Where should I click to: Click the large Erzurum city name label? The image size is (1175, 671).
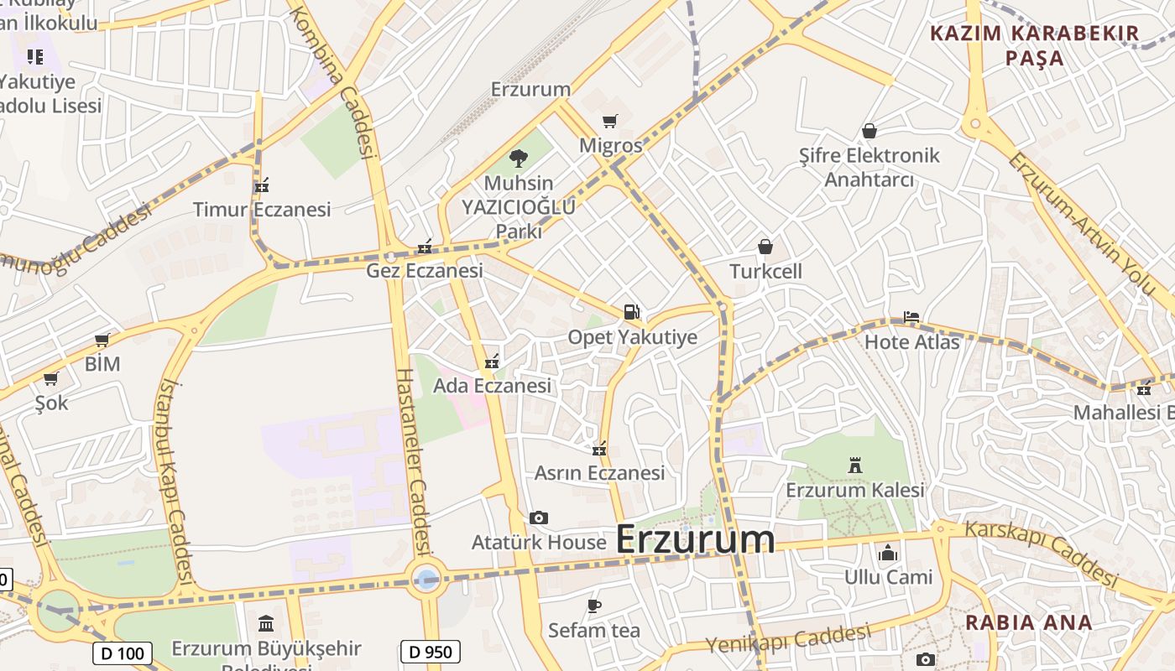pyautogui.click(x=695, y=539)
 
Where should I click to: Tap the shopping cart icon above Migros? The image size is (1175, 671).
pyautogui.click(x=610, y=122)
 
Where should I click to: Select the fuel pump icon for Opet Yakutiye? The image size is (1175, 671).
pyautogui.click(x=631, y=312)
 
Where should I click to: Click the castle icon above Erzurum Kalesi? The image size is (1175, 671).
pyautogui.click(x=855, y=465)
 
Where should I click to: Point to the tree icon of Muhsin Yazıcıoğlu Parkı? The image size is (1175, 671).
pyautogui.click(x=519, y=157)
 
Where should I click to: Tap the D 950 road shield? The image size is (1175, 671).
pyautogui.click(x=431, y=652)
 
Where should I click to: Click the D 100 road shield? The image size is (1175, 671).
pyautogui.click(x=122, y=653)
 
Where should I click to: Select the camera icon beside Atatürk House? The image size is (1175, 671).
pyautogui.click(x=539, y=518)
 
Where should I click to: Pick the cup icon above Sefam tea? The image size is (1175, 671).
pyautogui.click(x=594, y=606)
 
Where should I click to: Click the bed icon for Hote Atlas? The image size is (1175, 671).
pyautogui.click(x=911, y=318)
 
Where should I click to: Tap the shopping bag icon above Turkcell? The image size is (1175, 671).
pyautogui.click(x=765, y=247)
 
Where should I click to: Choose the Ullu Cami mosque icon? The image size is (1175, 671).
pyautogui.click(x=888, y=553)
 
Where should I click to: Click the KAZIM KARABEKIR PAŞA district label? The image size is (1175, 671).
pyautogui.click(x=1034, y=45)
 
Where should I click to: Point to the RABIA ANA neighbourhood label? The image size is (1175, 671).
pyautogui.click(x=1028, y=622)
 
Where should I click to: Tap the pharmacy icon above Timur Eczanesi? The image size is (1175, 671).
pyautogui.click(x=262, y=185)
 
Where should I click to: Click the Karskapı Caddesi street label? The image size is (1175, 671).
pyautogui.click(x=1041, y=553)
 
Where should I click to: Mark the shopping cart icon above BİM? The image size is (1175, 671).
pyautogui.click(x=102, y=340)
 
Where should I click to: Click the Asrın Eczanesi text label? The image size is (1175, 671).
pyautogui.click(x=599, y=473)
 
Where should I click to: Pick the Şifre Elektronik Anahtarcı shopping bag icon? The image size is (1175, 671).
pyautogui.click(x=869, y=132)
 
